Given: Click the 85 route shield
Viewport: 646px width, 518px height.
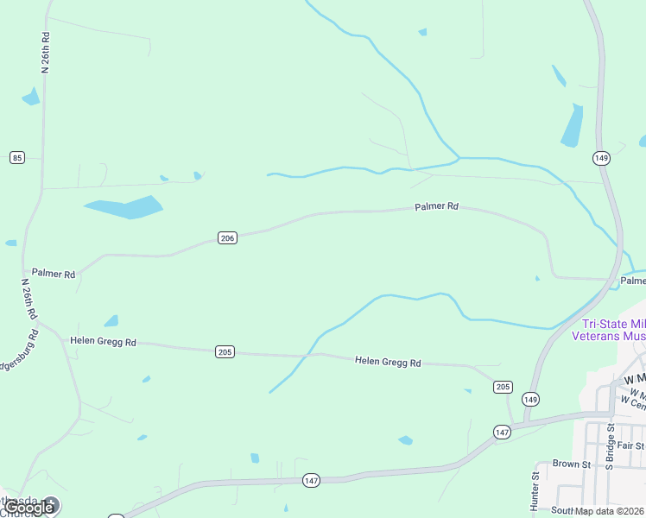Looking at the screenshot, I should tap(17, 157).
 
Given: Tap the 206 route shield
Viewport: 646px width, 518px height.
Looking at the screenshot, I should tap(227, 238).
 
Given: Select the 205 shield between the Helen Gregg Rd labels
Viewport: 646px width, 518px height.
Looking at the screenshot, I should tap(225, 351).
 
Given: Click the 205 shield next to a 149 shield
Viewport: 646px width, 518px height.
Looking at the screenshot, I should tap(503, 387).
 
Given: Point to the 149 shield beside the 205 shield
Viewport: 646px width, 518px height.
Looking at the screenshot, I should tap(530, 399).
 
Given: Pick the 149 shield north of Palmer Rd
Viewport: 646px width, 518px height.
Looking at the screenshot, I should tap(602, 157).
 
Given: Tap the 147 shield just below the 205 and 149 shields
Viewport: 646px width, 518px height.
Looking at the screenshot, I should tap(503, 431).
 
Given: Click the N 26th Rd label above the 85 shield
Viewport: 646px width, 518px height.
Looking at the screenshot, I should tap(46, 53).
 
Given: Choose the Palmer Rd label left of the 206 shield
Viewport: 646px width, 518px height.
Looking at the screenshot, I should tap(54, 274).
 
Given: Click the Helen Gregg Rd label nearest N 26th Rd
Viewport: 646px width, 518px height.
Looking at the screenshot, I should tap(103, 342).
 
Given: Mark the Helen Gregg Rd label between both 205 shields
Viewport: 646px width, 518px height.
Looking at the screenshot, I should tap(388, 363).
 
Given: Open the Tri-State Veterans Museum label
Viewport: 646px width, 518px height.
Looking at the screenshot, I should tap(609, 329).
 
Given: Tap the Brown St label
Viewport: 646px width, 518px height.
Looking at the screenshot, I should tap(571, 464).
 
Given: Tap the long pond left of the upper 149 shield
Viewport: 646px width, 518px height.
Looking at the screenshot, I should tap(573, 126).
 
